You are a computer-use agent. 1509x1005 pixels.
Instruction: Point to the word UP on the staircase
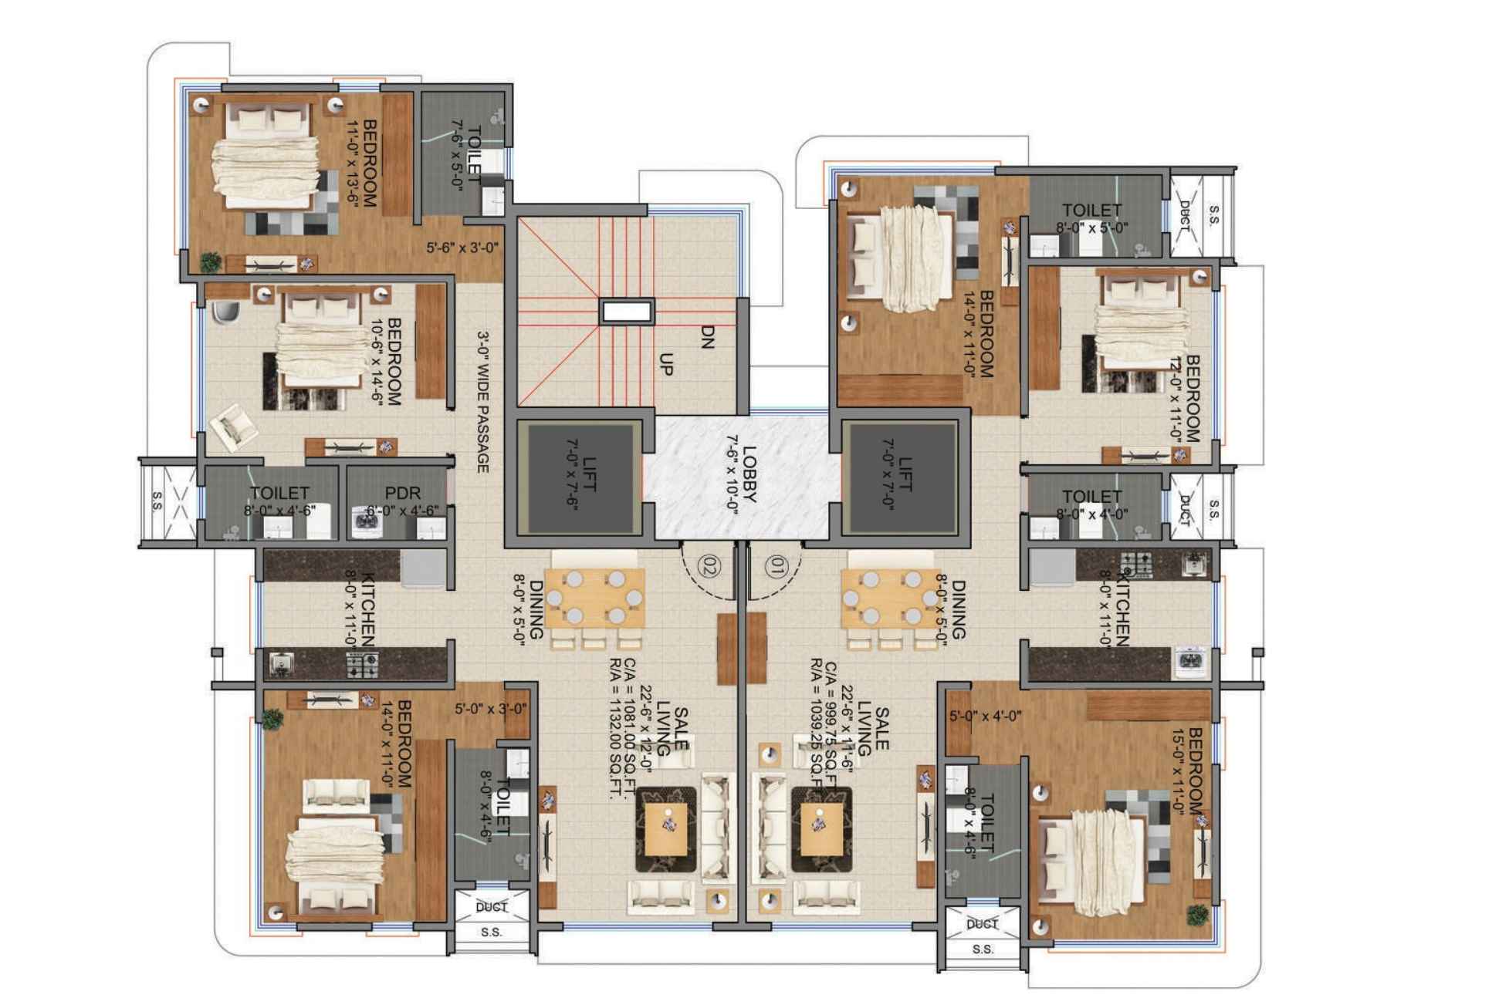pyautogui.click(x=665, y=365)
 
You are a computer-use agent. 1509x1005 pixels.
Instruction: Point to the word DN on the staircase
pyautogui.click(x=705, y=337)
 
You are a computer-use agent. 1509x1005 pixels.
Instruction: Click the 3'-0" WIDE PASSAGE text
pyautogui.click(x=483, y=402)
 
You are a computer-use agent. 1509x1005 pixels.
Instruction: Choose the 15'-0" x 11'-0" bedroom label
pyautogui.click(x=1187, y=771)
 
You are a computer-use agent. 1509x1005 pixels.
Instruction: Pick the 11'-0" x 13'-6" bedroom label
pyautogui.click(x=362, y=163)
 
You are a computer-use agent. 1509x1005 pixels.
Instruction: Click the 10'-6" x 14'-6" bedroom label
pyautogui.click(x=385, y=362)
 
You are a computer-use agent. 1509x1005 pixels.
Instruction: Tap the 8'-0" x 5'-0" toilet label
pyautogui.click(x=1091, y=218)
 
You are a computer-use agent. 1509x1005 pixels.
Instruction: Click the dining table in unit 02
pyautogui.click(x=594, y=599)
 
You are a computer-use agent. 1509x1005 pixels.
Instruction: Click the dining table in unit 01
pyautogui.click(x=892, y=599)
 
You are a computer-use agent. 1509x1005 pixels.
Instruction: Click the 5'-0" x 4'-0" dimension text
pyautogui.click(x=986, y=716)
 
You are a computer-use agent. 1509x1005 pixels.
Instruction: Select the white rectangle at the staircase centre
pyautogui.click(x=628, y=312)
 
